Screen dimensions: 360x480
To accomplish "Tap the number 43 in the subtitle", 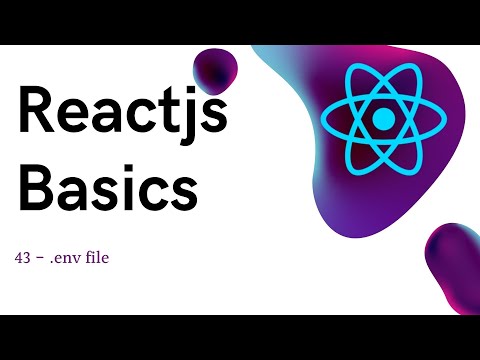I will click(22, 258).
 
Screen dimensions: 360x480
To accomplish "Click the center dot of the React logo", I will click(384, 119).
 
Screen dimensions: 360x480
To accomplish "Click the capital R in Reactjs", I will click(36, 112).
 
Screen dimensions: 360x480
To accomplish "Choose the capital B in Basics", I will click(35, 187).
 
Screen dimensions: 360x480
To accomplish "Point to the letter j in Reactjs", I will click(185, 115).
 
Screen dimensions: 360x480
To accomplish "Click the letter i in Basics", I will click(127, 186).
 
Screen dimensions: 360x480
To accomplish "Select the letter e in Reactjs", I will click(73, 117).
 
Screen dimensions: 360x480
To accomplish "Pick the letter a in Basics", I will click(76, 192).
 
